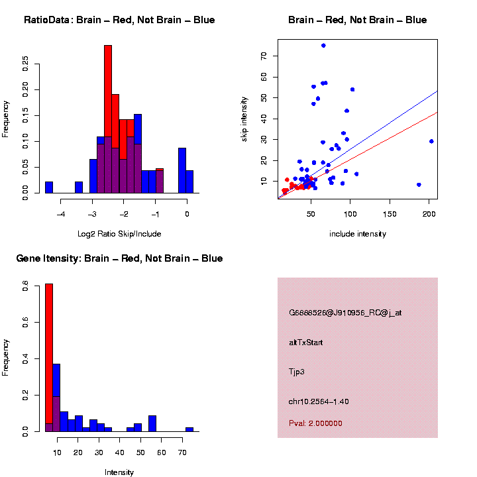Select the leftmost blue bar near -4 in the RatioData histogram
48,187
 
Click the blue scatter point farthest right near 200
431,141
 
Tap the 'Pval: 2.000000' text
315,423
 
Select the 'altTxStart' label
305,343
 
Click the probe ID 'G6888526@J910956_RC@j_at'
345,313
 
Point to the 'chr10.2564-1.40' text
319,401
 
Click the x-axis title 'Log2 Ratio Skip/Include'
119,234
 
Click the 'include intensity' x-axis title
357,234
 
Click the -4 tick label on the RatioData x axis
61,214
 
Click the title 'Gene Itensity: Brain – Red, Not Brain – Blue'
119,258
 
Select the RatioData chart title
119,21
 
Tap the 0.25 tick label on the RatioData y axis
26,64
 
